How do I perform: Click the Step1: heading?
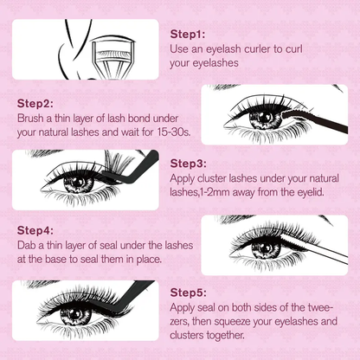(188, 35)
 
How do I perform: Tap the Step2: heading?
(35, 102)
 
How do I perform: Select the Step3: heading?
(188, 163)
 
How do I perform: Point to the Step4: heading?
(35, 231)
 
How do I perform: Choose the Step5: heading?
(188, 292)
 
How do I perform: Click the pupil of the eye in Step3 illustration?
(78, 183)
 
